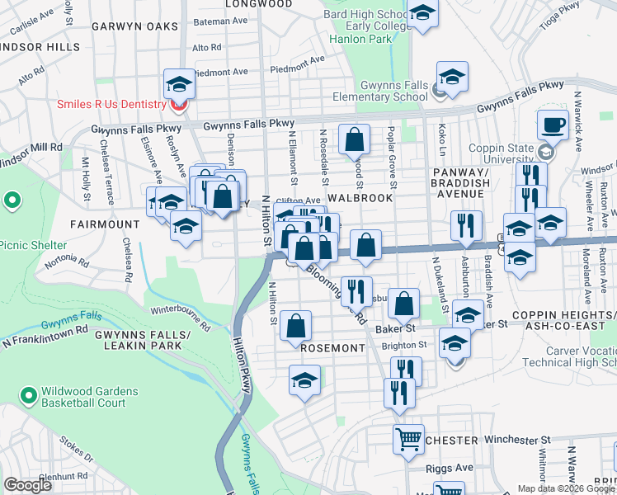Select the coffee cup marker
pyautogui.click(x=552, y=125)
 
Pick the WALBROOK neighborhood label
pyautogui.click(x=358, y=199)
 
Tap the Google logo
pyautogui.click(x=27, y=485)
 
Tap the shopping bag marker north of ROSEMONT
pyautogui.click(x=295, y=325)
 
